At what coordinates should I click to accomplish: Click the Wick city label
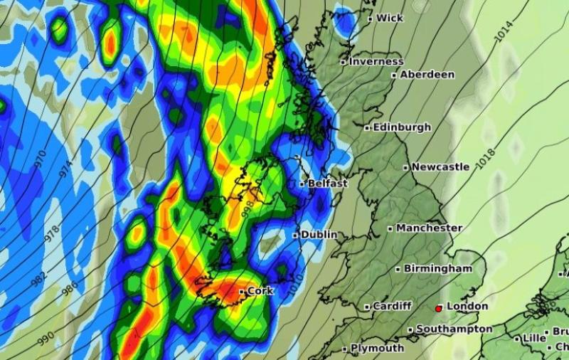coord(390,18)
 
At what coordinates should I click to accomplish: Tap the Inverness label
coord(376,62)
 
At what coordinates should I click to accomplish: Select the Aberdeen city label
coord(427,74)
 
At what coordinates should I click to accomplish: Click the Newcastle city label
coord(441,167)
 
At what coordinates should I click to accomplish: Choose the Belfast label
coord(328,184)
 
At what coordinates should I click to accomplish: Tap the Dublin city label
coord(319,234)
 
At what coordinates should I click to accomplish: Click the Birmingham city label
coord(438,269)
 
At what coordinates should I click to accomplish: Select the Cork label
coord(260,290)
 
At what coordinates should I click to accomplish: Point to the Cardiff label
coord(392,306)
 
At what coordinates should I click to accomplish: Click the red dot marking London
coord(439,308)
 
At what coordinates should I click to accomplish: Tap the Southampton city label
coord(454,329)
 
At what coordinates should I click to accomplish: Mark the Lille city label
coord(533,338)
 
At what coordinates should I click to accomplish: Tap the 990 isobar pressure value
coord(44,339)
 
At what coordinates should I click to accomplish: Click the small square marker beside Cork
coord(242,291)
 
